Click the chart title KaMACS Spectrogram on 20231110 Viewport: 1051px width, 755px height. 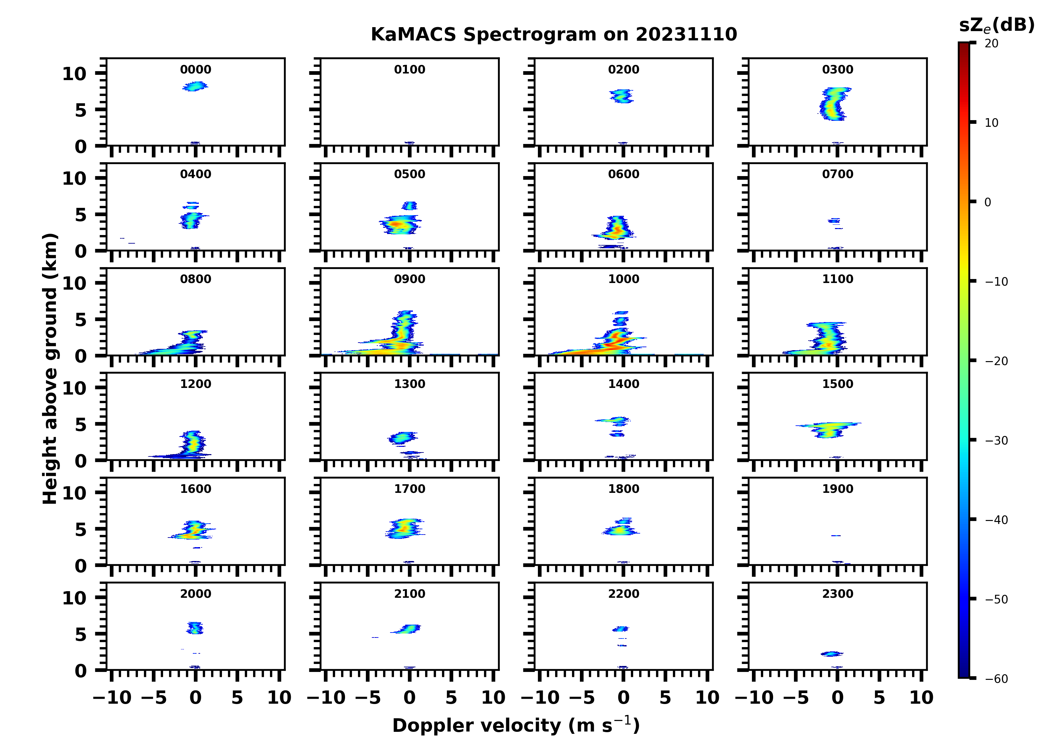coord(553,34)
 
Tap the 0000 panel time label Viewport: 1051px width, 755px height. coord(196,70)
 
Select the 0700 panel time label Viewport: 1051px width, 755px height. coord(837,174)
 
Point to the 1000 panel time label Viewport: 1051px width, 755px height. coord(623,279)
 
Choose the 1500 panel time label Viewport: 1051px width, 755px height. coord(837,384)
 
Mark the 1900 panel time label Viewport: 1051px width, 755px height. coord(837,489)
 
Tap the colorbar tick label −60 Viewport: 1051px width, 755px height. coord(996,679)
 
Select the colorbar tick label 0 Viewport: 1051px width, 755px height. coord(987,202)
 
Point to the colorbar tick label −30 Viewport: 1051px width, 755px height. coord(996,441)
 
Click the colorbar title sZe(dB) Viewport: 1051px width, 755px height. coord(996,25)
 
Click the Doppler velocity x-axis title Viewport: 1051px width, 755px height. coord(516,725)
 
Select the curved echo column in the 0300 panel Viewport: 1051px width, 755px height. coord(834,104)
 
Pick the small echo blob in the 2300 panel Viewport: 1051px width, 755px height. coord(832,654)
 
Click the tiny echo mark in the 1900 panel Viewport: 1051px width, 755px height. coord(836,536)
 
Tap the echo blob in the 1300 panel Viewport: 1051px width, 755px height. coord(401,437)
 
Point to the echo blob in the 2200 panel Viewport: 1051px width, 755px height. coord(621,629)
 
